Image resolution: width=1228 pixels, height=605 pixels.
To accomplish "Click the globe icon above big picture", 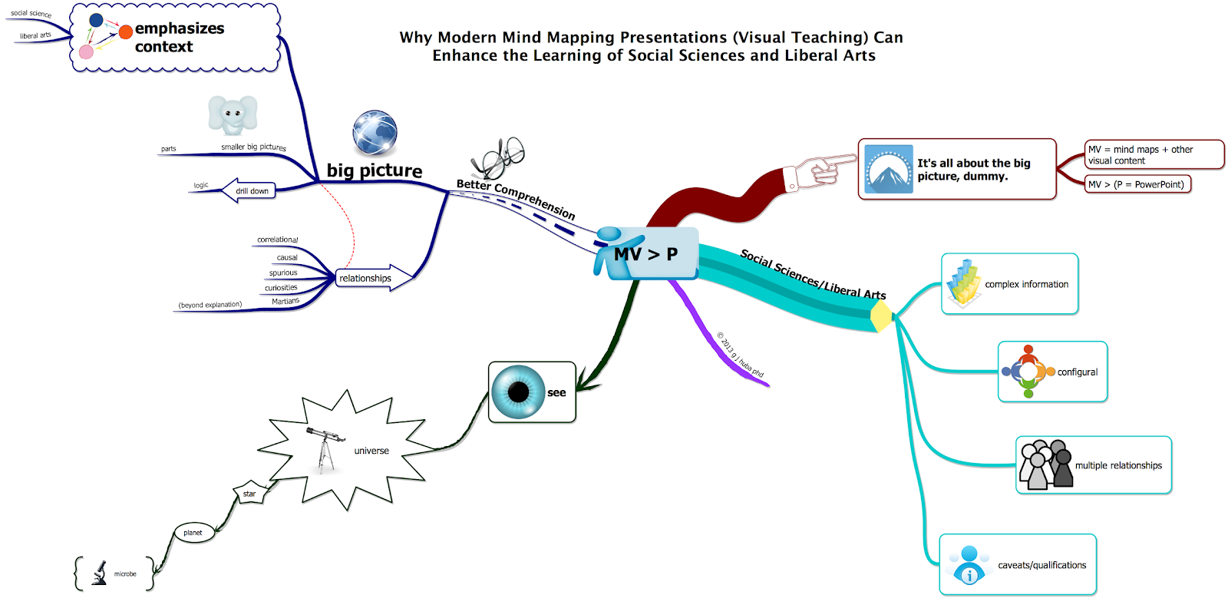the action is tap(375, 132).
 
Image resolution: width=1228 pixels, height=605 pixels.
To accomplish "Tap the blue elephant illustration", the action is tap(233, 115).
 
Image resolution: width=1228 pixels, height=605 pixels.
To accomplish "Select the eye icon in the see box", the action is tap(518, 392).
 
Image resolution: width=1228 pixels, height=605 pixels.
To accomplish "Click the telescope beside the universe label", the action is tap(325, 448).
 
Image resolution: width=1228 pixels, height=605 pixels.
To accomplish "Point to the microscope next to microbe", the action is tap(100, 574).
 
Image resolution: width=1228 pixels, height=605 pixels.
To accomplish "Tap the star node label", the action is tap(249, 494).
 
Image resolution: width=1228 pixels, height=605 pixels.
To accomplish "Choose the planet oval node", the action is tap(193, 533).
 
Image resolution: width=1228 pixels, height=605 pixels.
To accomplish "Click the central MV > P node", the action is tap(646, 254).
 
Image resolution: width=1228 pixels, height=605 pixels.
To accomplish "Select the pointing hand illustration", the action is tap(825, 169).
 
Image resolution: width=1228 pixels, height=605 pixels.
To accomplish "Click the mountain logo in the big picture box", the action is tap(888, 169).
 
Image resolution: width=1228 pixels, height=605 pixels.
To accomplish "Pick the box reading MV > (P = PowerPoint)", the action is tap(1137, 184).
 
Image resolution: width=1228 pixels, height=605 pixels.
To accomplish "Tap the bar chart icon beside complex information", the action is tap(963, 283).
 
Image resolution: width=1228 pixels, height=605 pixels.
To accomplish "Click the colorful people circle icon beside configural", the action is tap(1028, 372).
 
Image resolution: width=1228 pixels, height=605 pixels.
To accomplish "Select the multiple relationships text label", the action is tap(1118, 465).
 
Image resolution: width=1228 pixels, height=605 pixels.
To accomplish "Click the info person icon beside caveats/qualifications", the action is tap(969, 564).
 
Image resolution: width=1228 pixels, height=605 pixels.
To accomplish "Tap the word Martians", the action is tap(286, 302).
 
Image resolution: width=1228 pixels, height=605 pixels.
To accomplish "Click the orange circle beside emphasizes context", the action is tap(126, 32).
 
